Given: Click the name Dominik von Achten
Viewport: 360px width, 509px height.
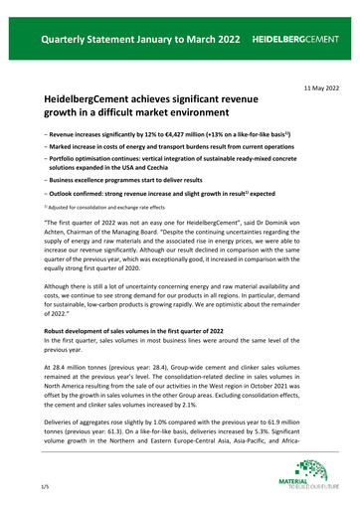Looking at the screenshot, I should [x=306, y=238].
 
